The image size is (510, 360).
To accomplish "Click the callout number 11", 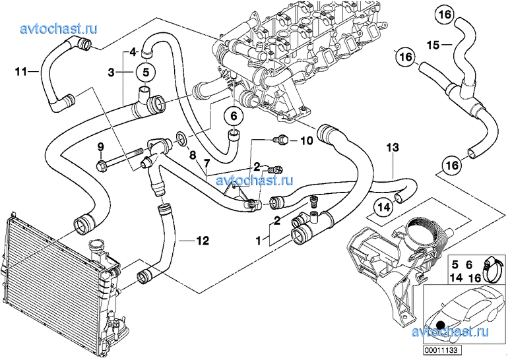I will click(x=20, y=71).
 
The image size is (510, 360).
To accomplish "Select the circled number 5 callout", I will click(x=146, y=71).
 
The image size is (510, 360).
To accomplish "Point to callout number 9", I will click(x=101, y=146).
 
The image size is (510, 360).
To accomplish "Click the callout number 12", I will click(x=202, y=241).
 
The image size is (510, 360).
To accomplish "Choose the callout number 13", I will click(x=393, y=149).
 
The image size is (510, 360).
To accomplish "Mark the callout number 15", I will click(x=432, y=45).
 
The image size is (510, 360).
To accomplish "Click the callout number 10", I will click(x=305, y=140).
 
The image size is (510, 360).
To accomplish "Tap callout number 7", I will click(x=206, y=162).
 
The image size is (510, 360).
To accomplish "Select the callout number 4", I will click(x=133, y=51).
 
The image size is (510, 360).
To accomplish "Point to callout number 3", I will click(x=112, y=71).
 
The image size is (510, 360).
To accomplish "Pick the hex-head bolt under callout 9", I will click(x=103, y=163).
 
